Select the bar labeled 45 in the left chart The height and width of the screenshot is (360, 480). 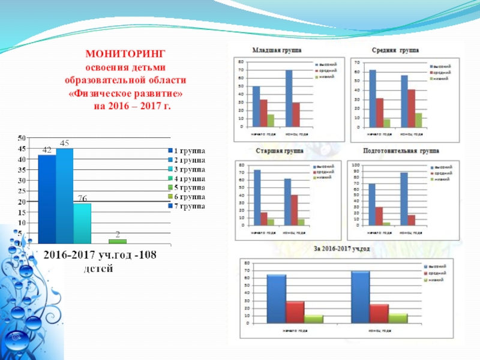[x=64, y=196]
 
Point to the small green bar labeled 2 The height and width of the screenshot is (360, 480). [x=118, y=241]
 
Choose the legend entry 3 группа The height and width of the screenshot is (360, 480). [x=186, y=169]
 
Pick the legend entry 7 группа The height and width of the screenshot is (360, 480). [x=186, y=205]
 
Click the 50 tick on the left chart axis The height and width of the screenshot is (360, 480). [x=22, y=138]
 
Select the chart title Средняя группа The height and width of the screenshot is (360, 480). [x=395, y=50]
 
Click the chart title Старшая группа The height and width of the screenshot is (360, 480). [x=275, y=152]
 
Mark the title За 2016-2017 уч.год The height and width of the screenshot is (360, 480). [x=342, y=249]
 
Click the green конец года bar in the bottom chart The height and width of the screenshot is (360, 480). [x=397, y=318]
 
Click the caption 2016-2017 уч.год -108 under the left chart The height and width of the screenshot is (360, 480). [x=99, y=256]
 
